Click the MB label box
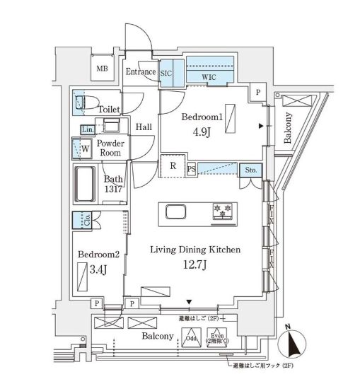[103, 68]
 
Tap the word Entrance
[141, 71]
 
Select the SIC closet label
[167, 72]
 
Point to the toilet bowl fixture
[86, 103]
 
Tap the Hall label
[144, 127]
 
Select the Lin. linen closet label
[86, 130]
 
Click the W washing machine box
[83, 149]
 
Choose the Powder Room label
[111, 147]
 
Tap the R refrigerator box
[173, 167]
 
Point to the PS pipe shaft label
[191, 168]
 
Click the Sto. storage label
[252, 170]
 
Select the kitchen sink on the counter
[176, 211]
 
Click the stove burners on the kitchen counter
[223, 211]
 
